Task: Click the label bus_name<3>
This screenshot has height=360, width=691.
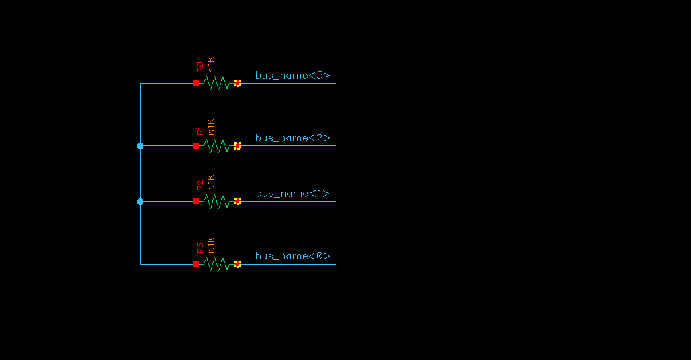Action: coord(292,76)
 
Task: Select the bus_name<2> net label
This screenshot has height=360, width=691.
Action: coord(292,138)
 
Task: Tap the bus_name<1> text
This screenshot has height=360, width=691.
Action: coord(292,194)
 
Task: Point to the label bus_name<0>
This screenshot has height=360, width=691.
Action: coord(292,256)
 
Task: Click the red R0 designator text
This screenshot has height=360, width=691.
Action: coord(200,67)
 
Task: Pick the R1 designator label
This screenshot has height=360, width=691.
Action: coord(200,129)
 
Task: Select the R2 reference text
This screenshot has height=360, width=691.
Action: coord(200,185)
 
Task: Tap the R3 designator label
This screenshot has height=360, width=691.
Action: coord(200,248)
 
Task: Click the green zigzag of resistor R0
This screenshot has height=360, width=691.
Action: coord(216,83)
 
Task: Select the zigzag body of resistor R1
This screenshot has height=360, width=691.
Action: coord(216,145)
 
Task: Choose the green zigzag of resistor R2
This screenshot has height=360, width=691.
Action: coord(216,201)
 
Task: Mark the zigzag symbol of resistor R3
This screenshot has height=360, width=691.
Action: coord(216,264)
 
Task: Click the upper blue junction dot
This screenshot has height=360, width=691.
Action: coord(140,145)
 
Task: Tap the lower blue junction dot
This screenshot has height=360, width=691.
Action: coord(140,201)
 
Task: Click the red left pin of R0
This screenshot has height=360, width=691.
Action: coord(196,83)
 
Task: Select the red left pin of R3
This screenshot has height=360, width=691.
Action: coord(196,264)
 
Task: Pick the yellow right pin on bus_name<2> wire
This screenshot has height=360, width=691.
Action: coord(237,145)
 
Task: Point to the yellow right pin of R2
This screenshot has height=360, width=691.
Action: coord(237,201)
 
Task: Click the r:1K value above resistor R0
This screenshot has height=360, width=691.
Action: coord(211,64)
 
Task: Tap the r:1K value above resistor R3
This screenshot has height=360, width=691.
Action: coord(211,245)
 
